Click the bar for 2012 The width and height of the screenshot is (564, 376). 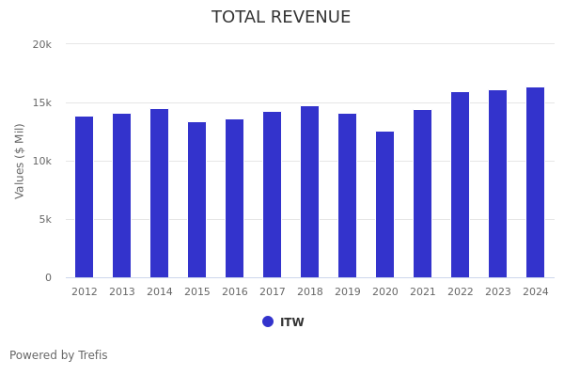pyautogui.click(x=85, y=197)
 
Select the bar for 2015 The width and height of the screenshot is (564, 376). pyautogui.click(x=197, y=200)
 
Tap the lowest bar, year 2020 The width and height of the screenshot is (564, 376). pyautogui.click(x=385, y=205)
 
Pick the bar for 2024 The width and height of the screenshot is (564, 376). pyautogui.click(x=536, y=182)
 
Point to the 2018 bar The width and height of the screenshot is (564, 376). pyautogui.click(x=310, y=192)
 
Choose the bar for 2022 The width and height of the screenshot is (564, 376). pyautogui.click(x=461, y=185)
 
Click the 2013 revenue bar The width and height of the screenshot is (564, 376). pyautogui.click(x=122, y=196)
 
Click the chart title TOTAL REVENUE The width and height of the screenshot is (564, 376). pyautogui.click(x=281, y=18)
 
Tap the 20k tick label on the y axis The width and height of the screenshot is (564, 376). pyautogui.click(x=41, y=44)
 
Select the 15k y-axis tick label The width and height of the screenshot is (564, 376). pyautogui.click(x=41, y=102)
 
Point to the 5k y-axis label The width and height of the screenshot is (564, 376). pyautogui.click(x=44, y=219)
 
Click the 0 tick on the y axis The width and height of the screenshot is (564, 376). pyautogui.click(x=47, y=277)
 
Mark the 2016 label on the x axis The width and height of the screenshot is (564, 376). pyautogui.click(x=235, y=292)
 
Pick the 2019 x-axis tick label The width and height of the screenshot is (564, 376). pyautogui.click(x=348, y=292)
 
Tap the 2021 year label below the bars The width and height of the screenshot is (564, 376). pyautogui.click(x=423, y=292)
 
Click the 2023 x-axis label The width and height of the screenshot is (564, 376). pyautogui.click(x=498, y=292)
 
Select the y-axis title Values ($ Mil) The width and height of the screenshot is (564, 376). pyautogui.click(x=20, y=161)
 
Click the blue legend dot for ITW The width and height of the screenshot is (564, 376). pyautogui.click(x=268, y=321)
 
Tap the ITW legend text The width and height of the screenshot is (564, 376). pyautogui.click(x=292, y=322)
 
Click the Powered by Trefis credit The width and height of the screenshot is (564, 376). pyautogui.click(x=58, y=355)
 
